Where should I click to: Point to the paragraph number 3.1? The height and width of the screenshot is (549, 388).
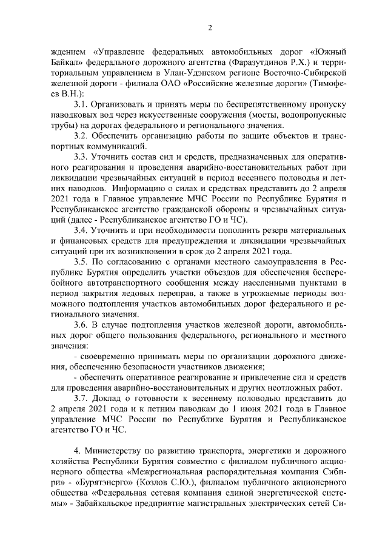coord(80,106)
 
